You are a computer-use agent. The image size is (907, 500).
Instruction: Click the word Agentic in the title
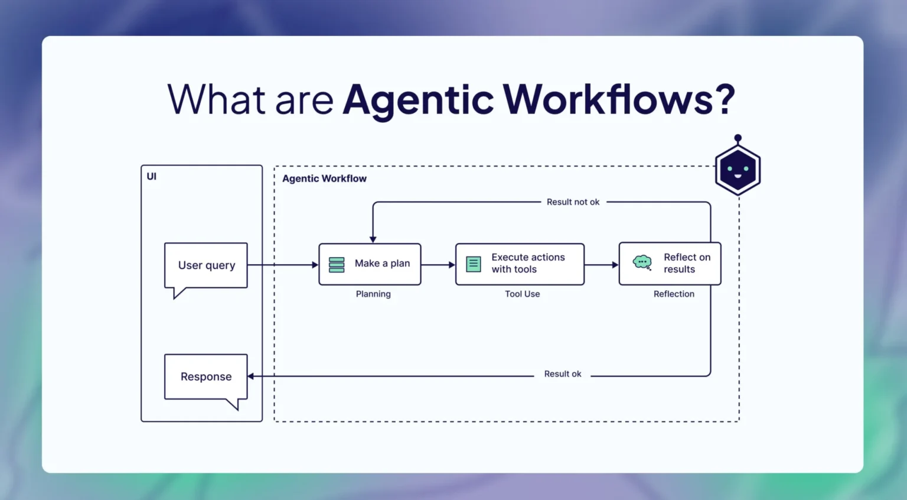click(418, 100)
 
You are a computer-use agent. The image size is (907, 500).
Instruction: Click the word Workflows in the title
click(608, 99)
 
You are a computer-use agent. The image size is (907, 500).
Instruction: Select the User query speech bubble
click(206, 265)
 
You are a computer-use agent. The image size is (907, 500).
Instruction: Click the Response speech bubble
click(206, 377)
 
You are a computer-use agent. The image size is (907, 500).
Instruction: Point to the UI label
click(152, 176)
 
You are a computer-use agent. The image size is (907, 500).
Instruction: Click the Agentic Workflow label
click(324, 178)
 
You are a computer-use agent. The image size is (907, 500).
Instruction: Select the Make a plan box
click(370, 264)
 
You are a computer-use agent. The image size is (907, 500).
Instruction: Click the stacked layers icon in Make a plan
click(337, 264)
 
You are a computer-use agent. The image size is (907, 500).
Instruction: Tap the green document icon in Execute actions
click(474, 264)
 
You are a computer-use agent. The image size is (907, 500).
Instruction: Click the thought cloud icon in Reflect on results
click(642, 262)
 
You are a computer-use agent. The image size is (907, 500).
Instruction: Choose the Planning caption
click(373, 294)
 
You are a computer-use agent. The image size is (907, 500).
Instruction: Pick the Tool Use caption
click(522, 294)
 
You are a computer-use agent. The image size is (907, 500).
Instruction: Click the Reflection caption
click(674, 294)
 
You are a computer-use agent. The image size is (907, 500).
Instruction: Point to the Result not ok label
click(573, 202)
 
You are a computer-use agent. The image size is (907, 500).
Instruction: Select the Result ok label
click(563, 374)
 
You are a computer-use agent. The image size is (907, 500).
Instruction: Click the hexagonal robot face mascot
click(738, 170)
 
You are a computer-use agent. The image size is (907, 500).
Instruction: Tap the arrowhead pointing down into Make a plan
click(373, 239)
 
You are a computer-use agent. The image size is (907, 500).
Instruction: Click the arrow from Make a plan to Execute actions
click(438, 265)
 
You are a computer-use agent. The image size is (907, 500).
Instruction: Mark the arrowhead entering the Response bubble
click(251, 376)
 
